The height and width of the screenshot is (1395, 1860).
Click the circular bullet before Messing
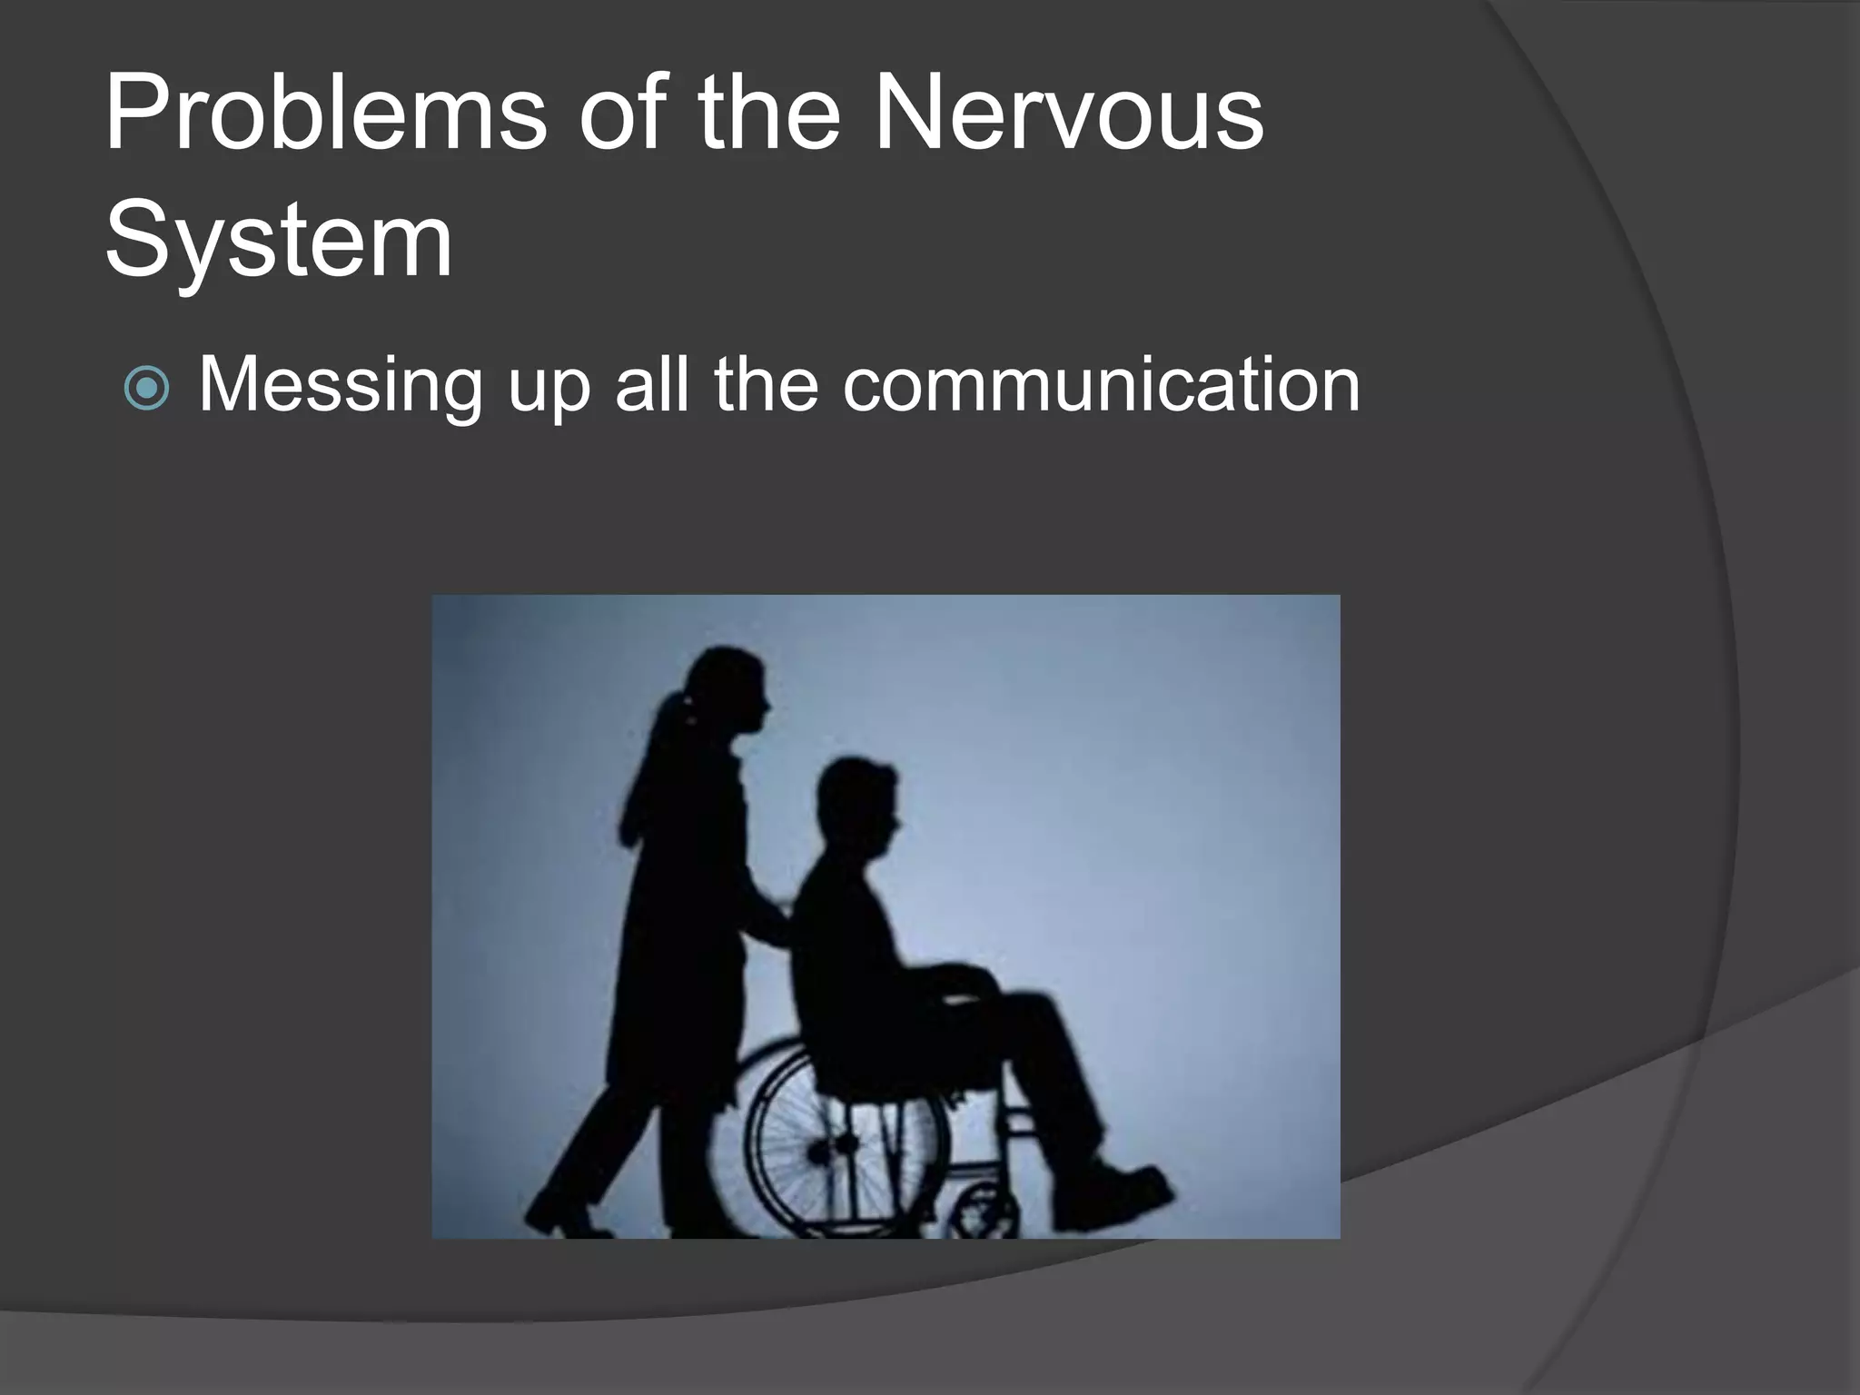click(146, 389)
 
